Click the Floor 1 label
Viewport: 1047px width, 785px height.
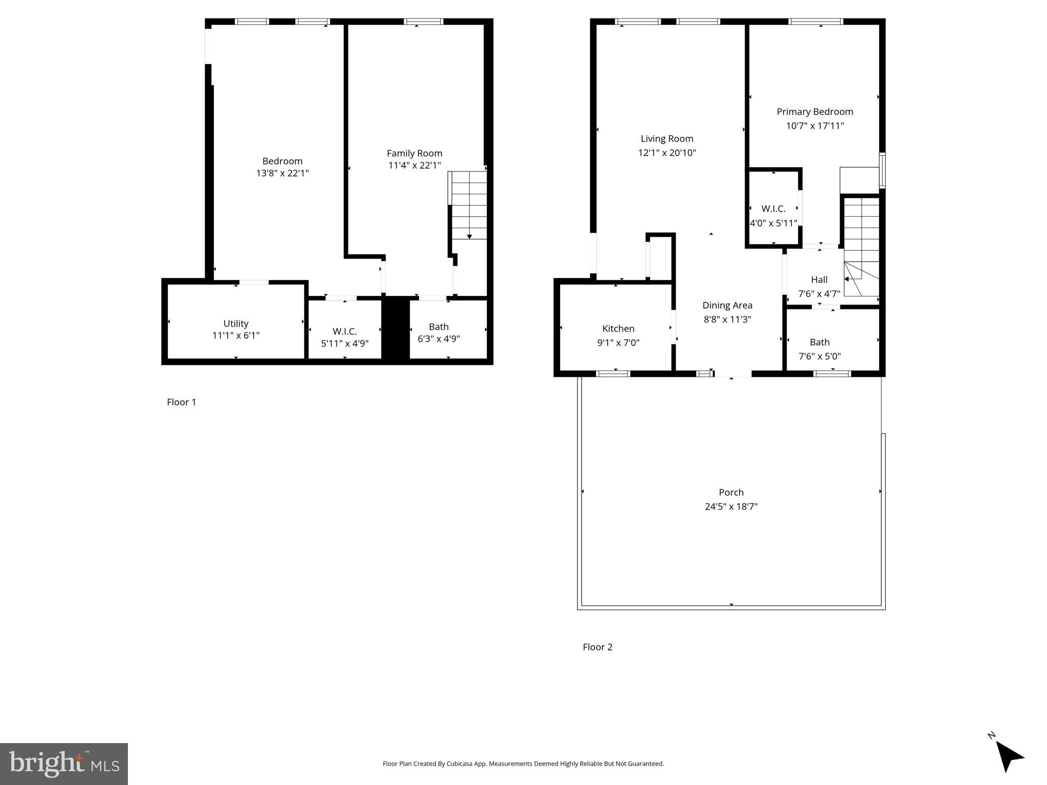click(181, 402)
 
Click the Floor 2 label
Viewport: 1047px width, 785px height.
click(597, 647)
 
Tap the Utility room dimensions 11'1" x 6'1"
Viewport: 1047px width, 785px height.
click(236, 336)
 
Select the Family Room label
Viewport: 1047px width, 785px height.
click(414, 153)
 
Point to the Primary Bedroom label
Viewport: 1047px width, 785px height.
click(815, 112)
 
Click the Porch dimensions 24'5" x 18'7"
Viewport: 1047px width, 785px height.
click(731, 506)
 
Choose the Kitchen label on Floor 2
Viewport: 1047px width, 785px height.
click(618, 329)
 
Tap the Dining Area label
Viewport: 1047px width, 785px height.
click(727, 305)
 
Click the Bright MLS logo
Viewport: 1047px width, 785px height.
click(64, 764)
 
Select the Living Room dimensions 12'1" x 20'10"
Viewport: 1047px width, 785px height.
click(667, 153)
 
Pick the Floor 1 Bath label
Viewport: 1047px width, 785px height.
click(438, 327)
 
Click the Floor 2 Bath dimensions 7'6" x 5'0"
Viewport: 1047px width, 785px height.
click(819, 356)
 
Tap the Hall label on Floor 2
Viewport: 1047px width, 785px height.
click(819, 280)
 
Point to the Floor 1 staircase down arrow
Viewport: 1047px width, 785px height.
click(469, 236)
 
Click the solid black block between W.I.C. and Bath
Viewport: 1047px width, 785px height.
click(396, 330)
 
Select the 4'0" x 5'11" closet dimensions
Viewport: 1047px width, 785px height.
click(773, 223)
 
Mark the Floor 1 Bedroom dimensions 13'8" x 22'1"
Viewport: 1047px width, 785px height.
click(282, 173)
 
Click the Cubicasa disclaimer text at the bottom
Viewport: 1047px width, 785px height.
click(523, 764)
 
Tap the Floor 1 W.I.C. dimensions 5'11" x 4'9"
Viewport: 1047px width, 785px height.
click(344, 344)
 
